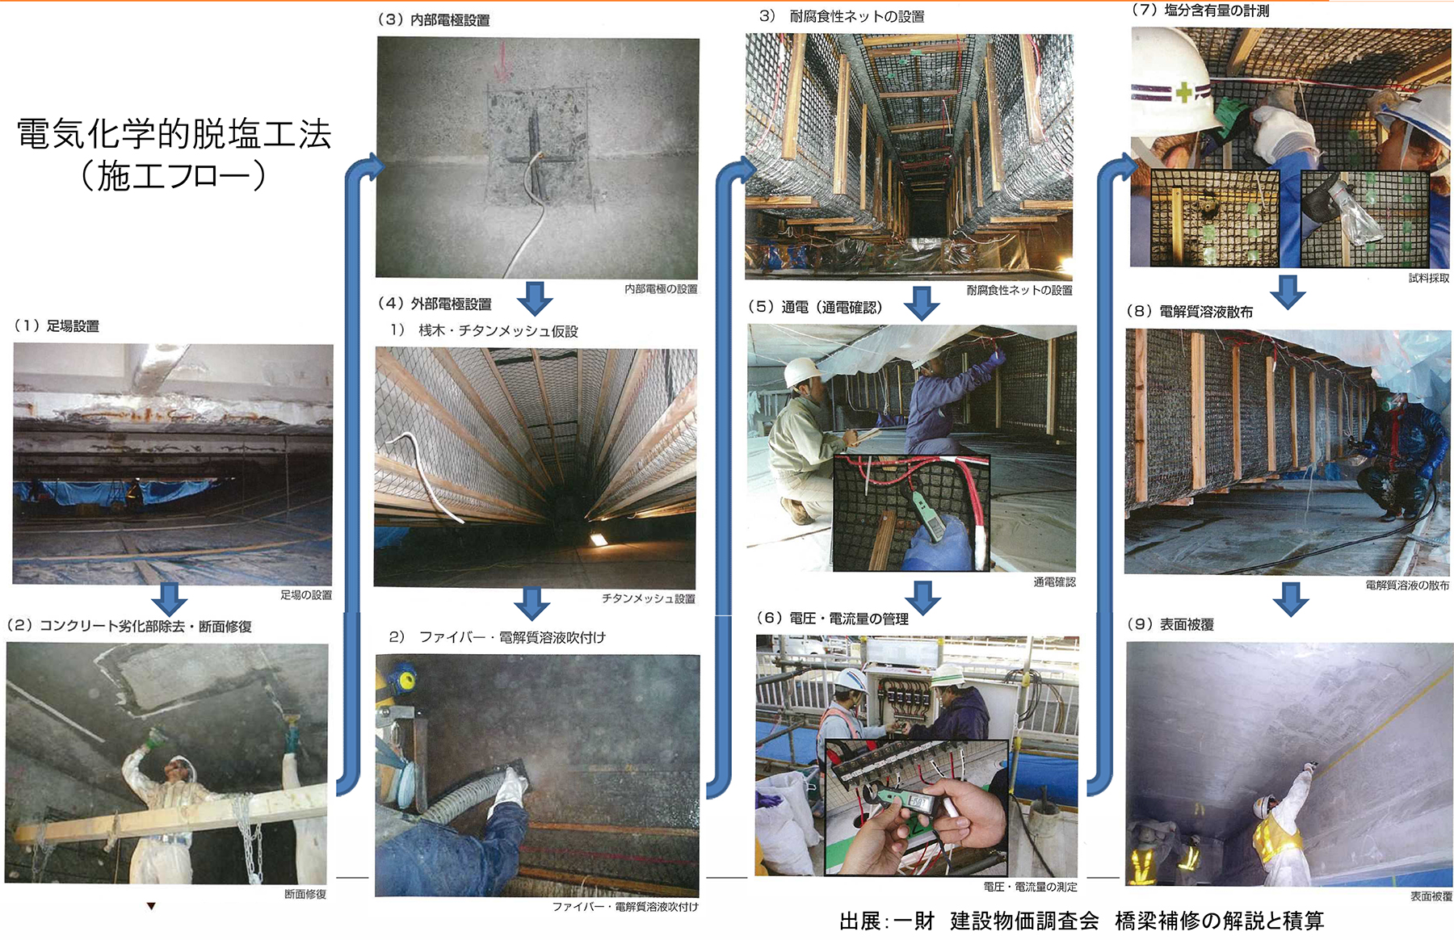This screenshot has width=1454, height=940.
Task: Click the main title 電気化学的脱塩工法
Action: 174,134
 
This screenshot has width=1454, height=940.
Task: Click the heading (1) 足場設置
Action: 56,326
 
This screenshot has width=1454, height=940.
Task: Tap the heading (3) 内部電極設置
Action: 434,20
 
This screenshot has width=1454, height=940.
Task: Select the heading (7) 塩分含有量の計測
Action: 1200,10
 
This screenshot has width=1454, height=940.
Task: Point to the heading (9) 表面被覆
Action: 1170,624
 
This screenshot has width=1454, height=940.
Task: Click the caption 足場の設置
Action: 306,595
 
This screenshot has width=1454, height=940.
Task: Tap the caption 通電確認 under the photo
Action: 1054,582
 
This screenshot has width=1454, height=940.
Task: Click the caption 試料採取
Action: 1429,278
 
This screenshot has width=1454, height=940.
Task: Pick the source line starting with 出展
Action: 1082,921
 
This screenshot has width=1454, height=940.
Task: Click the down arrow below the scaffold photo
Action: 170,599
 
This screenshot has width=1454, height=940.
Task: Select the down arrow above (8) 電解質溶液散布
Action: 1288,292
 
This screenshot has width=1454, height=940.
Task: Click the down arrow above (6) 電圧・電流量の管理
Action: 922,597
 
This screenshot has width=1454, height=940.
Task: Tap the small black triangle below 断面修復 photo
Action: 151,906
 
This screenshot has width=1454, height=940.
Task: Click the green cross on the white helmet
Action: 1184,92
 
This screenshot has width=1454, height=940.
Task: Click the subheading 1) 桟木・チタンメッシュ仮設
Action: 484,331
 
